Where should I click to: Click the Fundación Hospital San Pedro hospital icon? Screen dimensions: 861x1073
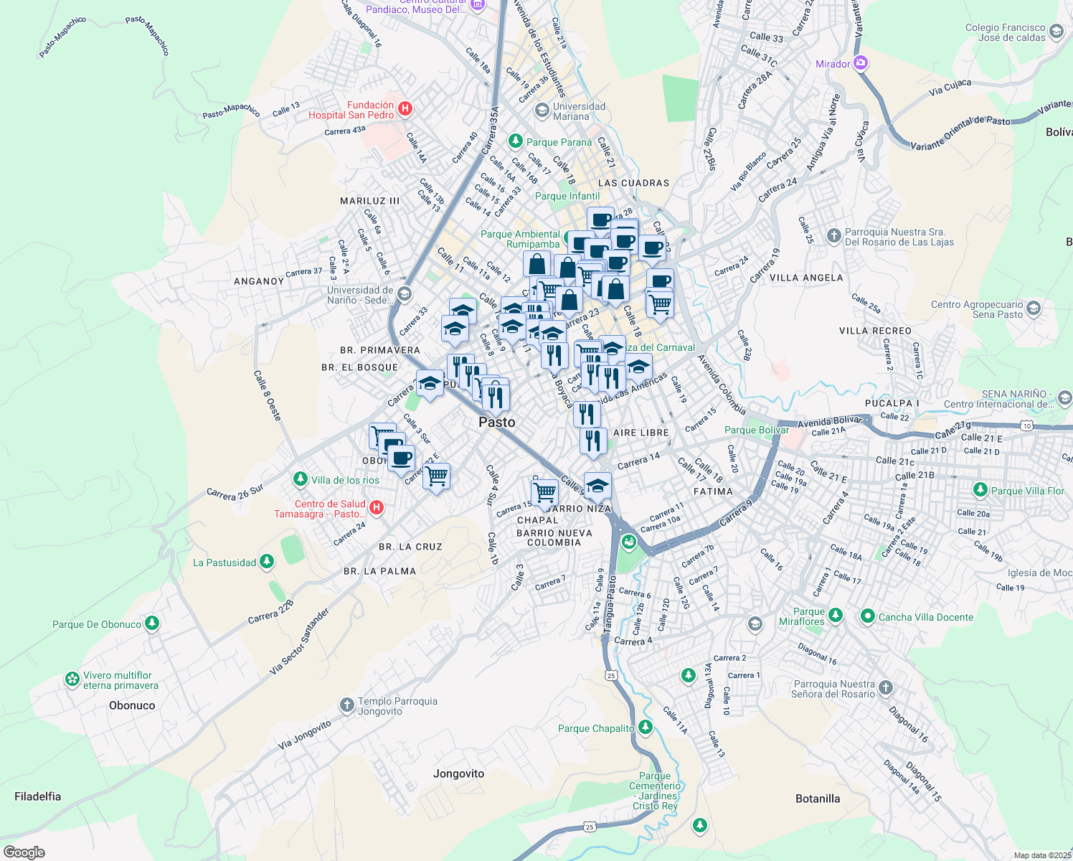tap(405, 109)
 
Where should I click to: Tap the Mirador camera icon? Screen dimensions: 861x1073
tap(861, 63)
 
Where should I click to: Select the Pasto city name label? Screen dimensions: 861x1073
tap(496, 422)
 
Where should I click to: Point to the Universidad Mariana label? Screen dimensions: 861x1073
tap(579, 111)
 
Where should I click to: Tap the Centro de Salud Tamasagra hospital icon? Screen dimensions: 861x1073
tap(376, 508)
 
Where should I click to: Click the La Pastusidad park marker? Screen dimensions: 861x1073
tap(267, 562)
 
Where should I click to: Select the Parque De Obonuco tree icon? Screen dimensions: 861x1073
tap(151, 624)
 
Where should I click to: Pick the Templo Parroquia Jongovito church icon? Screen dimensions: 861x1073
tap(347, 705)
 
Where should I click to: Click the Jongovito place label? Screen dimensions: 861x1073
tap(458, 773)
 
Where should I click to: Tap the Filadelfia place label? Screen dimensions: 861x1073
tap(37, 796)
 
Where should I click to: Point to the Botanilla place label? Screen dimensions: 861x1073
tap(818, 799)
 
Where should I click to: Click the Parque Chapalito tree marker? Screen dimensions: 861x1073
tap(646, 728)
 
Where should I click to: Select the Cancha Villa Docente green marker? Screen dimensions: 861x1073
tap(867, 616)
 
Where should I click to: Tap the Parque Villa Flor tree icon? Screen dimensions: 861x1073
tap(980, 490)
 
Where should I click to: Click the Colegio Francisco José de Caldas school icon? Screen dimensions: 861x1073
tap(1056, 32)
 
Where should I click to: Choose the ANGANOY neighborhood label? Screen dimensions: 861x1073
tap(259, 281)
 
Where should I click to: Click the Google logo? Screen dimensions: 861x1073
tap(24, 852)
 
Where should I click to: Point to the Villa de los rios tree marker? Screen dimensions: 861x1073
tap(300, 479)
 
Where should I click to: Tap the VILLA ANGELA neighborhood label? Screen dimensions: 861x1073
tap(806, 278)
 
